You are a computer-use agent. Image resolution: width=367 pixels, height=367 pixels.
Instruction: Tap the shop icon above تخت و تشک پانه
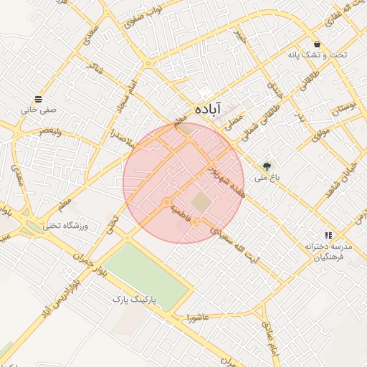[317, 44]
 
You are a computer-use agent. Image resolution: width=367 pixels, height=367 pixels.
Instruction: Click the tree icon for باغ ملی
[267, 166]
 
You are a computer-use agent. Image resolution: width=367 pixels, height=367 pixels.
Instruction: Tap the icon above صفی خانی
[38, 99]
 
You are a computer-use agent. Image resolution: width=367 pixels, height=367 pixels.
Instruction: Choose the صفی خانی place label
[38, 110]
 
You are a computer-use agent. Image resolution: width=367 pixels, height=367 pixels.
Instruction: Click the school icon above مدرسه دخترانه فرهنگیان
[328, 234]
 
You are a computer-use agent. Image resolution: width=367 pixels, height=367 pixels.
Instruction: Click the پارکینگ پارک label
[138, 297]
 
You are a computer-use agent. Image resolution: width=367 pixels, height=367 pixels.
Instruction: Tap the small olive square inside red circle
[202, 203]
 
